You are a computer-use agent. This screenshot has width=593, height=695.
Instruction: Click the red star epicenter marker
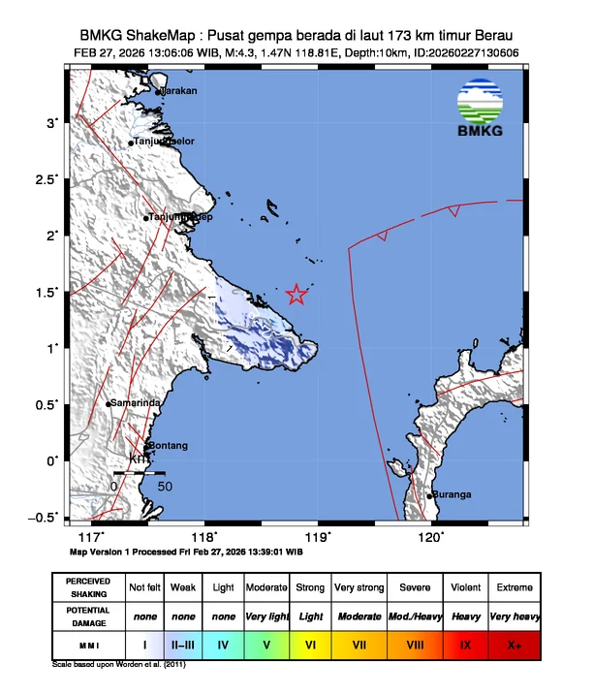click(297, 294)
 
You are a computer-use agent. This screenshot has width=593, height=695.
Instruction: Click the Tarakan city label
click(179, 91)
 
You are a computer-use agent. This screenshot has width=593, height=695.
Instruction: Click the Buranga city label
click(453, 494)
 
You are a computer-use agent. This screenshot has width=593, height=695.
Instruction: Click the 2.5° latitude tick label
click(47, 179)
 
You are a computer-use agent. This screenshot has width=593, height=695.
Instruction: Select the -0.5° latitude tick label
click(45, 518)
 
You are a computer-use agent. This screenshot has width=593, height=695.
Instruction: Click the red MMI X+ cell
click(514, 643)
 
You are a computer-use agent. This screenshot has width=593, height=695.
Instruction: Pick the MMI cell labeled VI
click(310, 643)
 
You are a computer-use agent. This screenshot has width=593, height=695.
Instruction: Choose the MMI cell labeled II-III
click(183, 643)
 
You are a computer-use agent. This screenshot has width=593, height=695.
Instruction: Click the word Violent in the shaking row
click(463, 587)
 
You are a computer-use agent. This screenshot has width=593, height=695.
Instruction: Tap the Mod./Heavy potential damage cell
click(412, 616)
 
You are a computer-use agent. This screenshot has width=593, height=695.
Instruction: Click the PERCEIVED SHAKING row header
click(88, 587)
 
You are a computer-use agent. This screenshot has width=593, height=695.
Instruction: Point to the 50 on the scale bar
click(165, 486)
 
